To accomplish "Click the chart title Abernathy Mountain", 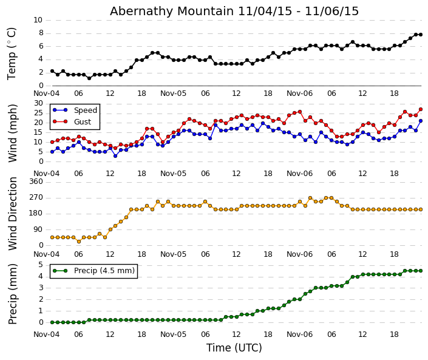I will pyautogui.click(x=234, y=11).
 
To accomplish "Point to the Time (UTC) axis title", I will pyautogui.click(x=234, y=348).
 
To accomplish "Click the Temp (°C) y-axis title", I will pyautogui.click(x=12, y=53).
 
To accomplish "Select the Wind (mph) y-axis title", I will pyautogui.click(x=13, y=132).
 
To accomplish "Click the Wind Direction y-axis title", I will pyautogui.click(x=13, y=214).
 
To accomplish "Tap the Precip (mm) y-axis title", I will pyautogui.click(x=13, y=293).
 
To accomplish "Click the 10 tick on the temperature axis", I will pyautogui.click(x=38, y=20).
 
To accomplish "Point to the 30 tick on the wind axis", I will pyautogui.click(x=38, y=103).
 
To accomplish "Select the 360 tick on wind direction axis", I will pyautogui.click(x=36, y=182).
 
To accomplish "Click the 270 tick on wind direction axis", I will pyautogui.click(x=36, y=197).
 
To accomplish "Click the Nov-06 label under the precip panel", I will pyautogui.click(x=300, y=334).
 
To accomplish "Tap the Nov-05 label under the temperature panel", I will pyautogui.click(x=173, y=93).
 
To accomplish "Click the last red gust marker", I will pyautogui.click(x=420, y=109).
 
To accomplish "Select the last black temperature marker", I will pyautogui.click(x=420, y=35).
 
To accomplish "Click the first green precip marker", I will pyautogui.click(x=52, y=322).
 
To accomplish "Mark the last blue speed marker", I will pyautogui.click(x=420, y=121).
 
